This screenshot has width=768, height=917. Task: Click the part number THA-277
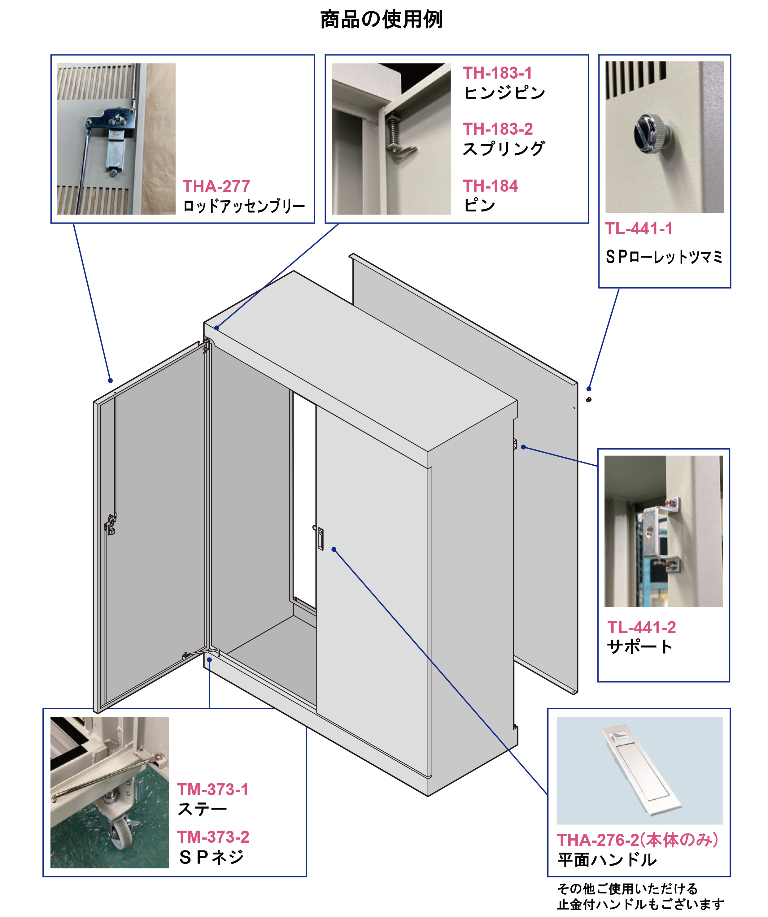(x=216, y=186)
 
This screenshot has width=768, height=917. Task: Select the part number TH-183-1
(x=497, y=73)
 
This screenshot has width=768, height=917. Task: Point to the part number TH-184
(x=490, y=186)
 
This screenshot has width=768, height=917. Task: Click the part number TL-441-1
(x=639, y=229)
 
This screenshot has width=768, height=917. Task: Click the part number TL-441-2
(x=641, y=628)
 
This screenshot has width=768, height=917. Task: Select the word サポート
(x=639, y=647)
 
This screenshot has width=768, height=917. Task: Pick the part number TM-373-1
(x=213, y=789)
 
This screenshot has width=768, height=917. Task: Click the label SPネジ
(x=212, y=858)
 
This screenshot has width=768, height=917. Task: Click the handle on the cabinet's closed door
(x=320, y=538)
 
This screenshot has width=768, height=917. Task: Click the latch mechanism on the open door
(x=111, y=524)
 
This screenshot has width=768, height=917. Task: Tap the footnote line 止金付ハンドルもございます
(x=640, y=904)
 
